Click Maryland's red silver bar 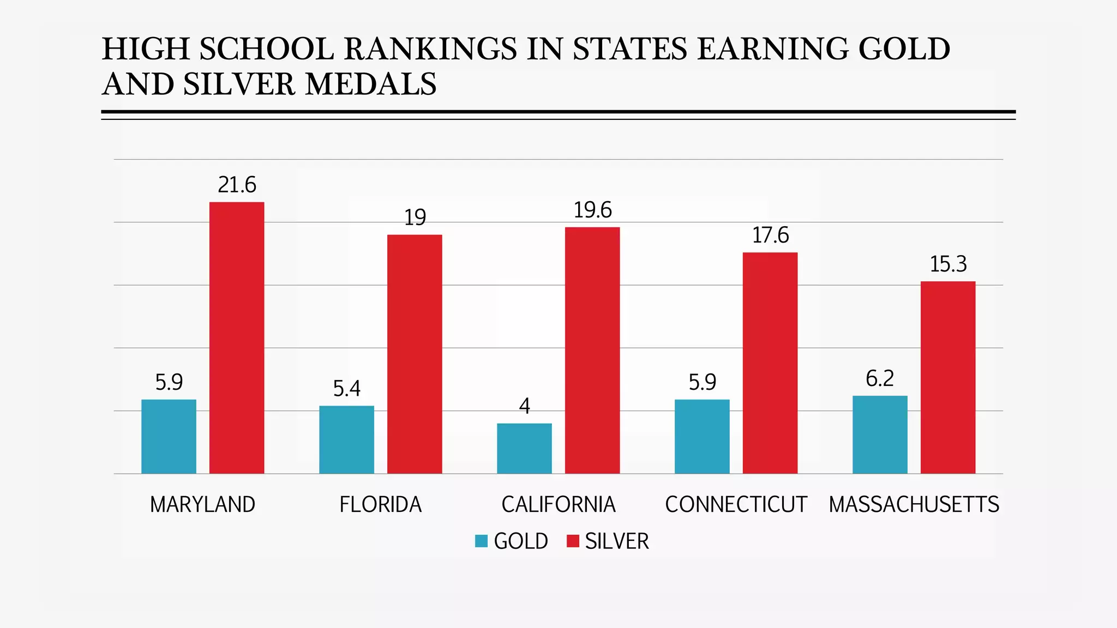click(x=237, y=338)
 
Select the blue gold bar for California click(x=524, y=448)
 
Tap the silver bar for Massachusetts click(x=948, y=377)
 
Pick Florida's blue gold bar click(x=346, y=439)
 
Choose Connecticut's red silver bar click(x=770, y=363)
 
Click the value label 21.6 click(x=237, y=185)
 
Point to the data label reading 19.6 click(x=592, y=210)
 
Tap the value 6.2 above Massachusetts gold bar click(x=880, y=378)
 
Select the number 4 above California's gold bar click(x=524, y=406)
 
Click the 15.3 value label click(x=948, y=264)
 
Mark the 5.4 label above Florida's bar click(x=346, y=388)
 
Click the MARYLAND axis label click(x=202, y=504)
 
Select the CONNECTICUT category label click(x=736, y=504)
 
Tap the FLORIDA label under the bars click(x=380, y=504)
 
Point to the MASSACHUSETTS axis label click(x=914, y=504)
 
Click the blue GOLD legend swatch click(x=481, y=541)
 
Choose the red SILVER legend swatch click(x=572, y=541)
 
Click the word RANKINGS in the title click(x=430, y=49)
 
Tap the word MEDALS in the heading click(x=370, y=84)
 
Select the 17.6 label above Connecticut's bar click(x=770, y=235)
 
